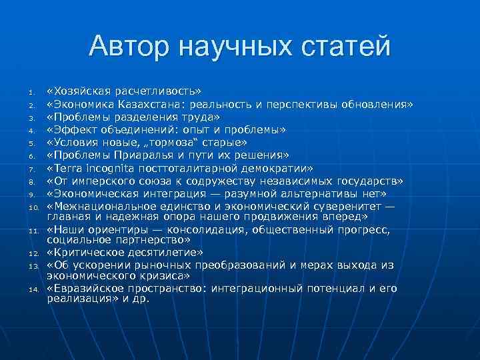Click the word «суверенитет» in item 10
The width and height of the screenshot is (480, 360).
347,206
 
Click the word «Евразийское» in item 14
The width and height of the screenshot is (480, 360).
83,289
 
